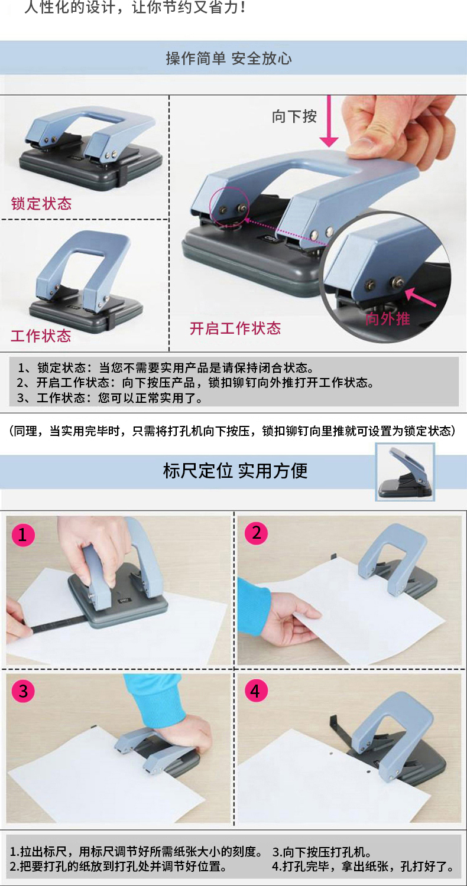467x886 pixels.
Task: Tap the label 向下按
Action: click(x=294, y=116)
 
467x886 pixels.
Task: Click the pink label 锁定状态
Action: click(x=41, y=203)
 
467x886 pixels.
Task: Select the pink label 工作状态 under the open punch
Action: click(x=41, y=336)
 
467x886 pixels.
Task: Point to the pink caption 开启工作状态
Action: click(x=235, y=328)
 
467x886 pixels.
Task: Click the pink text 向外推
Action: click(x=387, y=318)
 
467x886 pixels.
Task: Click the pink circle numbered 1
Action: click(x=23, y=535)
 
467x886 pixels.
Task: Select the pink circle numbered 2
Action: click(x=256, y=533)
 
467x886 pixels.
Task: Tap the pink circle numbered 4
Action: click(x=255, y=690)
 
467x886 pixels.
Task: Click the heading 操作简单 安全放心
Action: click(x=229, y=58)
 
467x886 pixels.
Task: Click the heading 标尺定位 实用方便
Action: click(x=235, y=471)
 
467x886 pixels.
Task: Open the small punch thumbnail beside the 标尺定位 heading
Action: click(x=405, y=472)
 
